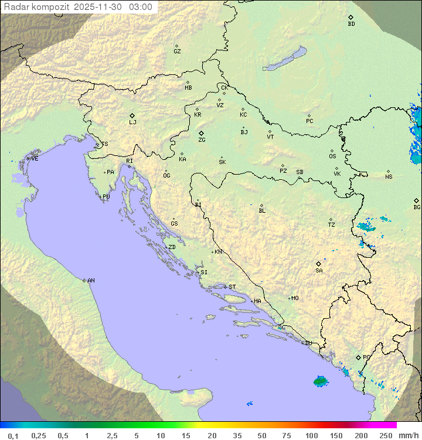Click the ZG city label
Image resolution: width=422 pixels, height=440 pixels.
(202, 140)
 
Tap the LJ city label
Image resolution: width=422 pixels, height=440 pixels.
(132, 122)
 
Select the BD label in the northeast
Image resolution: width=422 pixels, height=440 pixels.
(351, 24)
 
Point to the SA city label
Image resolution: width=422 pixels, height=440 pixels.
(319, 271)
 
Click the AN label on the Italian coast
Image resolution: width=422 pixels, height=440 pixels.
(91, 281)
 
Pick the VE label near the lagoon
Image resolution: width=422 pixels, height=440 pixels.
(35, 159)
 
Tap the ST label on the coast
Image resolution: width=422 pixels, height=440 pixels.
(232, 287)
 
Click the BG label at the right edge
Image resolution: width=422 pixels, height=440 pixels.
(417, 207)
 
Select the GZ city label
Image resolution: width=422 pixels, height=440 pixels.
(177, 52)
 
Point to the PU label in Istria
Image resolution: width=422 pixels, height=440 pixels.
(106, 197)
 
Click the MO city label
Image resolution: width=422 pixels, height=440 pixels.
(295, 298)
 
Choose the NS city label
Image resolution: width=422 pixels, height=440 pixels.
(389, 177)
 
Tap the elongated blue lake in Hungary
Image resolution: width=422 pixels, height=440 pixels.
(285, 59)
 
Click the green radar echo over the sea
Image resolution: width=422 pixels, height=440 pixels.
(320, 381)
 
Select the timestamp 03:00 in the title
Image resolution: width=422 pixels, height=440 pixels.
(141, 7)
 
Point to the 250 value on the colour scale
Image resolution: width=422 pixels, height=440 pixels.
(386, 435)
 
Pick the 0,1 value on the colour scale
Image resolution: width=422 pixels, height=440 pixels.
(13, 435)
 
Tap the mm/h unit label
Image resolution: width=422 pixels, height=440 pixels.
(409, 435)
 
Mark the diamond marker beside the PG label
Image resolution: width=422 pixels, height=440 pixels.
(358, 357)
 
